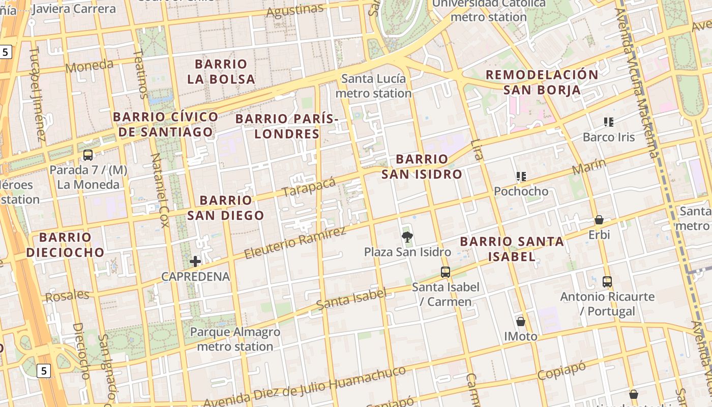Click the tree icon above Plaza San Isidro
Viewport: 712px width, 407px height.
407,236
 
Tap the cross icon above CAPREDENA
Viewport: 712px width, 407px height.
195,261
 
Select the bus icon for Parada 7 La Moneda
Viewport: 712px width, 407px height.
88,155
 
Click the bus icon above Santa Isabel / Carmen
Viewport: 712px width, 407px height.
446,272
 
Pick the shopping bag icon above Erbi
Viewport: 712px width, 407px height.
599,220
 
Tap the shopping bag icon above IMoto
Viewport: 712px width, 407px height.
521,321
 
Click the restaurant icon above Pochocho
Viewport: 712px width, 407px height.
521,177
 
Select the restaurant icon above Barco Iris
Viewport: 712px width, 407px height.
609,122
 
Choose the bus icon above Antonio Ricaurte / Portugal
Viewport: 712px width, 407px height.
607,281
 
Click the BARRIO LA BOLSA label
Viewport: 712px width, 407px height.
221,72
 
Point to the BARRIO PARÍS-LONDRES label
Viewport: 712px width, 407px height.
287,126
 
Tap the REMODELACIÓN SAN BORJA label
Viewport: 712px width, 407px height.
542,82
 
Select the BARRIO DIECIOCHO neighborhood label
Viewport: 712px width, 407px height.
65,244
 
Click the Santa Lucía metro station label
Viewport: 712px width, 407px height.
373,86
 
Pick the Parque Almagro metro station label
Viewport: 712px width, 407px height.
235,339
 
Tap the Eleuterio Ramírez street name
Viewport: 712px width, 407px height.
295,243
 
